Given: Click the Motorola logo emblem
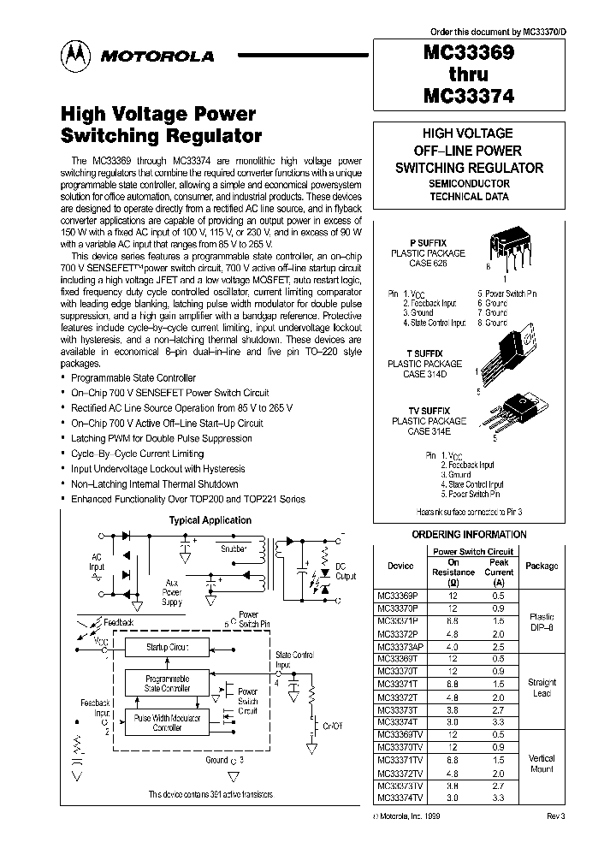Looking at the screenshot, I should [x=76, y=56].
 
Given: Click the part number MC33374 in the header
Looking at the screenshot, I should [x=468, y=98].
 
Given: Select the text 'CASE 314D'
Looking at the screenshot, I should [x=428, y=374].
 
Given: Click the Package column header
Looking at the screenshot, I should [x=541, y=566].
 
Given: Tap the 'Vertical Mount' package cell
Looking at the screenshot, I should [x=541, y=763].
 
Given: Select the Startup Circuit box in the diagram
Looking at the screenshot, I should [x=168, y=648].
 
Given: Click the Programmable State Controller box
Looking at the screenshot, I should [x=168, y=682].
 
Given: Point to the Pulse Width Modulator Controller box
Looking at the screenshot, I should [x=168, y=721].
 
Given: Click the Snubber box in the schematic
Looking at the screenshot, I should [x=233, y=549].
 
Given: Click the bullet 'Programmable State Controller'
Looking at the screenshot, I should [x=133, y=377].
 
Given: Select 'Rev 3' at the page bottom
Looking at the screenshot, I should [x=555, y=816].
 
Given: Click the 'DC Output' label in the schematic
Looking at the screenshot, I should [x=345, y=571].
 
